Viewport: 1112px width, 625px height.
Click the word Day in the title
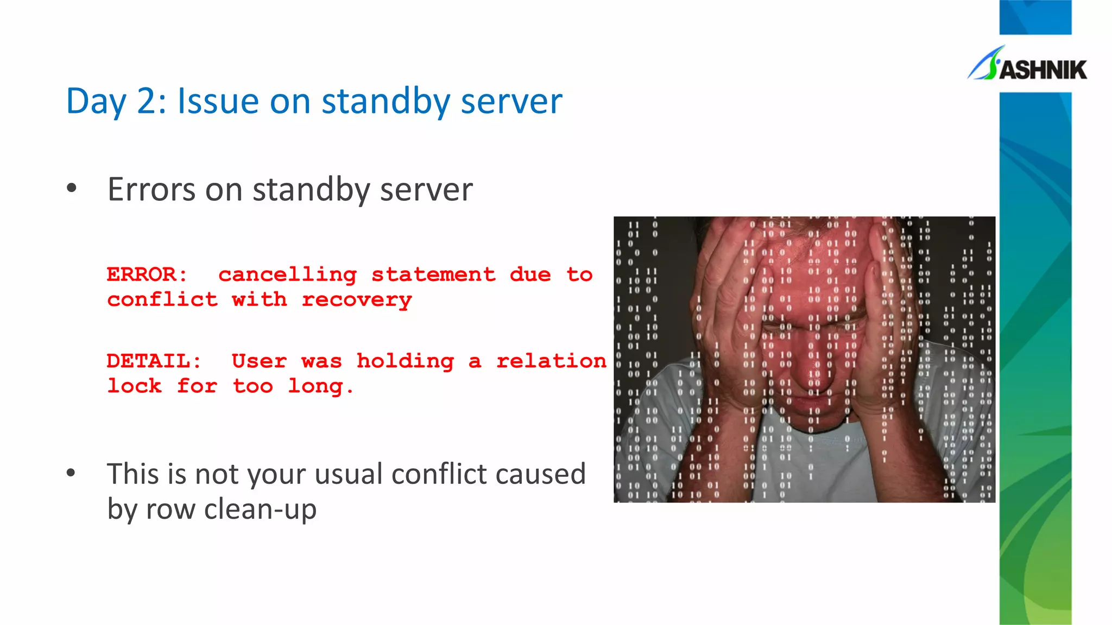96,101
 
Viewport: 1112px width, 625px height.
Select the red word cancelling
287,275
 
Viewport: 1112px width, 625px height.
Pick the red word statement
433,275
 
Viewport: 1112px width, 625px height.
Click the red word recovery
357,300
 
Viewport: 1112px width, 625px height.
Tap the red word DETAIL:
154,361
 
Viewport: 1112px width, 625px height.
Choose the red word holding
405,361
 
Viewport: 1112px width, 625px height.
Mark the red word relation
551,361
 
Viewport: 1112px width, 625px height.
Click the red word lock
134,386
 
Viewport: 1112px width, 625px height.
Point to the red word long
320,386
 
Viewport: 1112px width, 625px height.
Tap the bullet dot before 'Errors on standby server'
71,189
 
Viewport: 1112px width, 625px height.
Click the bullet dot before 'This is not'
71,473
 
